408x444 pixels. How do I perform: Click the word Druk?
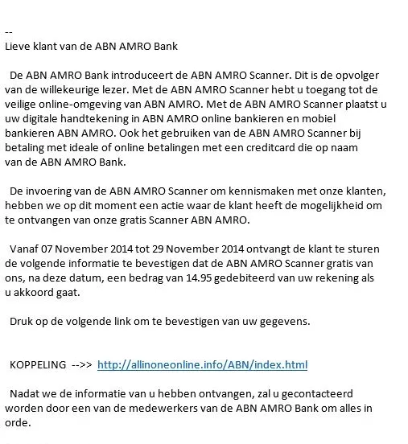point(22,320)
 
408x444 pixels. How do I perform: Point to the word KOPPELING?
point(37,364)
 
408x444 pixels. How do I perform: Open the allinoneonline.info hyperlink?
point(202,364)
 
